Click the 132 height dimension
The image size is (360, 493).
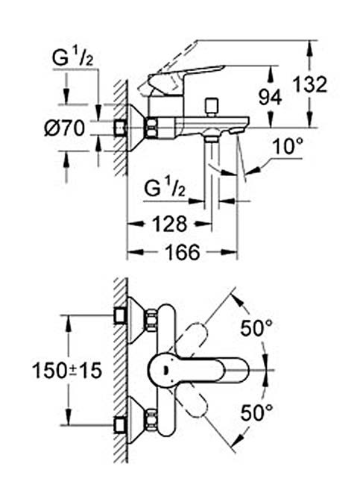point(310,84)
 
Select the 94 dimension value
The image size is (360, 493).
point(270,97)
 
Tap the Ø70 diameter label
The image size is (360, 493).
point(65,128)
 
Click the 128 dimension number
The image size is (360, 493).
point(170,224)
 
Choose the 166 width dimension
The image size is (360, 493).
point(183,252)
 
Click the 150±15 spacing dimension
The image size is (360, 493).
point(67,371)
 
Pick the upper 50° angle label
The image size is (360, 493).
point(256,328)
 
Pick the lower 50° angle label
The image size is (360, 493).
point(256,412)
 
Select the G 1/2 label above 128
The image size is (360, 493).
point(165,188)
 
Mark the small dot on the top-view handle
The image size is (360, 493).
point(165,370)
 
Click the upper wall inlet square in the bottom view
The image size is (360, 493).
point(120,315)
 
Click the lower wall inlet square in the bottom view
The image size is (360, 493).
point(120,425)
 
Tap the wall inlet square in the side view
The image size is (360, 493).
point(120,128)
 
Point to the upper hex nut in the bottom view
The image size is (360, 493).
point(151,320)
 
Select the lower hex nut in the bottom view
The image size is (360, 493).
point(151,421)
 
